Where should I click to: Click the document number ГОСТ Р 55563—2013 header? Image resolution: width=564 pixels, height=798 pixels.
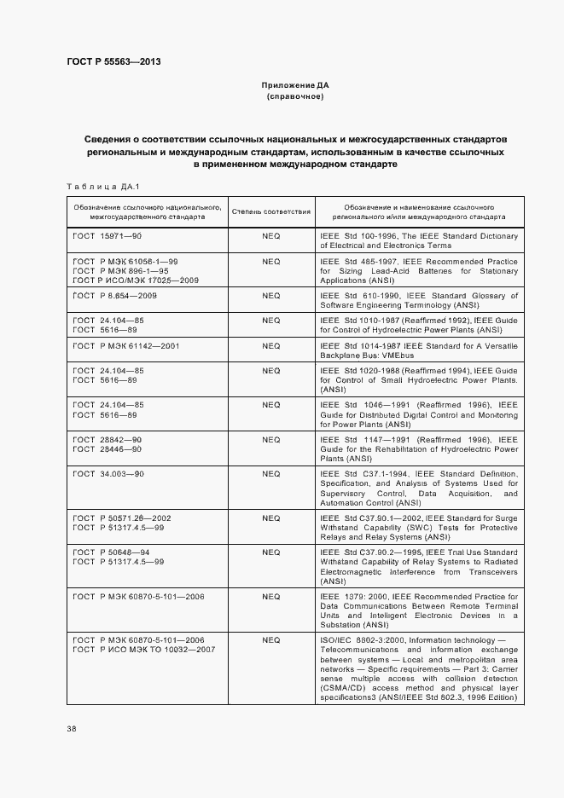[x=113, y=61]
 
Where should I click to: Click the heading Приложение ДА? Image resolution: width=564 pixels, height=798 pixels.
[x=295, y=86]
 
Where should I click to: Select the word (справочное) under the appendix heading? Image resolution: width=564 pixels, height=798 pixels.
[x=295, y=97]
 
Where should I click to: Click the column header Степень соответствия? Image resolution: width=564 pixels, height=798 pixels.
[x=271, y=211]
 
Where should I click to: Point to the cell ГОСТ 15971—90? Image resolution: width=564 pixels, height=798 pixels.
[x=107, y=235]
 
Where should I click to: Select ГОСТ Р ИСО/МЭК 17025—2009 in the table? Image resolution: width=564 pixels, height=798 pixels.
[x=136, y=280]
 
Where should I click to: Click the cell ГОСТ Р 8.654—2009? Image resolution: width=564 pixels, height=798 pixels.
[x=115, y=295]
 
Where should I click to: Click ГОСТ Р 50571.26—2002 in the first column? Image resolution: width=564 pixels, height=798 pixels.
[x=122, y=518]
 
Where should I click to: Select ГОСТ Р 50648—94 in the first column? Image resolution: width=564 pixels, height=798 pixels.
[x=112, y=552]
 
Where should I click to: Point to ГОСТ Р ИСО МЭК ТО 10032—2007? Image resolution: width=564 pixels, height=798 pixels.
[x=144, y=650]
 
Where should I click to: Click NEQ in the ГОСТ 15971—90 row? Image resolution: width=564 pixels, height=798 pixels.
[x=271, y=235]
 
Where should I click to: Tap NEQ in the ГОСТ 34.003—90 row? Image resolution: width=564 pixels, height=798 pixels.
[x=271, y=472]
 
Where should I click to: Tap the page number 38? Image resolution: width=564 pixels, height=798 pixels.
[x=71, y=729]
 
